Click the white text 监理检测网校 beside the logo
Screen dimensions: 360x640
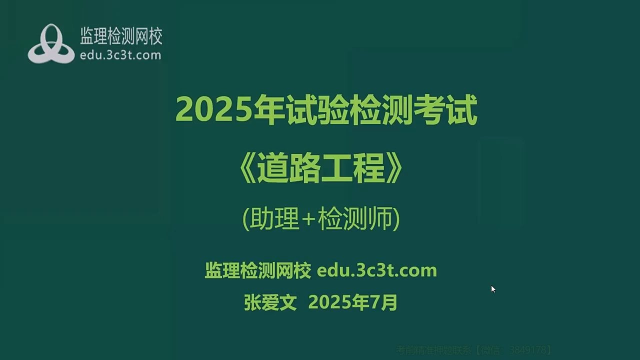(121, 36)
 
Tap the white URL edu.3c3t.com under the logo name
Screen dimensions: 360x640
(120, 55)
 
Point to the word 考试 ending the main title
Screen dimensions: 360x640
(445, 110)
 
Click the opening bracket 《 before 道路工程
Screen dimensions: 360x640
(247, 169)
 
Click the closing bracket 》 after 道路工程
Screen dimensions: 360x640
(394, 169)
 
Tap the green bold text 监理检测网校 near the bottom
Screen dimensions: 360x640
(257, 270)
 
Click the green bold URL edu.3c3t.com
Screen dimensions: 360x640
(377, 270)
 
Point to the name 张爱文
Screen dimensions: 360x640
(270, 302)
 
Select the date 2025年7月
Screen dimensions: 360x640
(353, 302)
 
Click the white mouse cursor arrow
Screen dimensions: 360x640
(493, 289)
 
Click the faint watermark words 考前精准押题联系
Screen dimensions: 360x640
(433, 350)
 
